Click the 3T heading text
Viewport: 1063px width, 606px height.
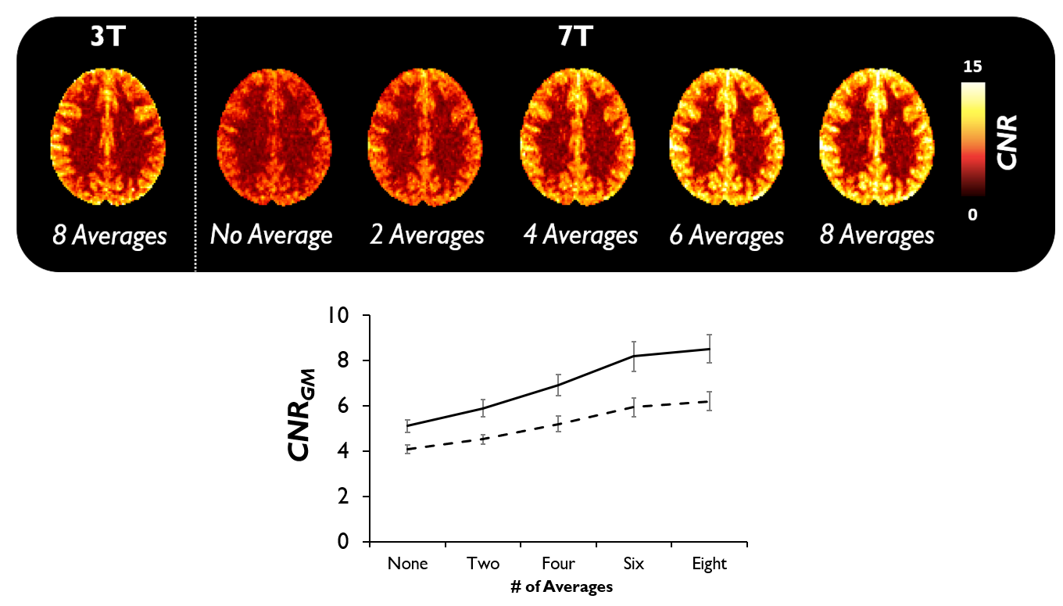(108, 37)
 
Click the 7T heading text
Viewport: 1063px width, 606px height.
(575, 37)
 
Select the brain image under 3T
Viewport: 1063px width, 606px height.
(108, 137)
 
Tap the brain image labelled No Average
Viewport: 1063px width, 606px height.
(274, 138)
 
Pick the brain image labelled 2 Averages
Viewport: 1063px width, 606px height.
(424, 138)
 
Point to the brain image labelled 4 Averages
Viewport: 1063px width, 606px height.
(578, 138)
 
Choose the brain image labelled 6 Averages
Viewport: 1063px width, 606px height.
(727, 138)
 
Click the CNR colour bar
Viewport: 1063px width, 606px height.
(973, 139)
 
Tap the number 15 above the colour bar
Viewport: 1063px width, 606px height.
(972, 66)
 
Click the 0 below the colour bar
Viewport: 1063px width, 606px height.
(973, 215)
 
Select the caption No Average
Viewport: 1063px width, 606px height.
(271, 235)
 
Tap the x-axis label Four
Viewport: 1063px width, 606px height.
(558, 564)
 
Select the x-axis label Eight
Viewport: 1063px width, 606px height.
(709, 565)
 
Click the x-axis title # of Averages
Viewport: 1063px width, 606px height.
(561, 587)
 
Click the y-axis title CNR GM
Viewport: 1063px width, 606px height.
(302, 414)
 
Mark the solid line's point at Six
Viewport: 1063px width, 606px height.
(634, 357)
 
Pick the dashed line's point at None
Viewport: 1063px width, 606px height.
(407, 449)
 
